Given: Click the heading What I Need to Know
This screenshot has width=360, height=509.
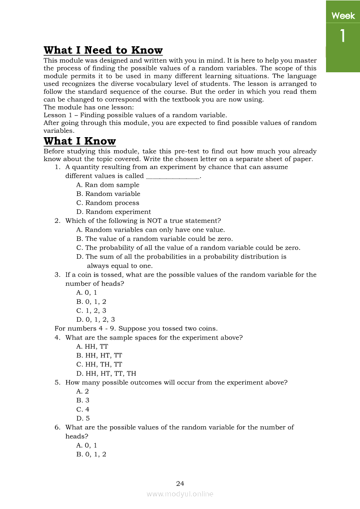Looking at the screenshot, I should click(103, 51).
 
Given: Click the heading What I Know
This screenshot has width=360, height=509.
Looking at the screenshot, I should click(80, 141).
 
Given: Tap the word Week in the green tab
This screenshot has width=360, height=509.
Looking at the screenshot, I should click(343, 16).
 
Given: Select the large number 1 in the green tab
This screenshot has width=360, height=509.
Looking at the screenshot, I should click(343, 36).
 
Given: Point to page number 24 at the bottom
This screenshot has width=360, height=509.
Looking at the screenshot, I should click(180, 483).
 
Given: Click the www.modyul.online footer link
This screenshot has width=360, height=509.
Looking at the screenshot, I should click(180, 494).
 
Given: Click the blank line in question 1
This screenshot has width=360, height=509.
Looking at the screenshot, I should click(172, 177).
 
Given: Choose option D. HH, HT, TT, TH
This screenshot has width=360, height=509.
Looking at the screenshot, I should click(106, 374).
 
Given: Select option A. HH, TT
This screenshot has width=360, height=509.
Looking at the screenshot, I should click(92, 347).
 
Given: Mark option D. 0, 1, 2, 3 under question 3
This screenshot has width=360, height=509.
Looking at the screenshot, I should click(95, 320).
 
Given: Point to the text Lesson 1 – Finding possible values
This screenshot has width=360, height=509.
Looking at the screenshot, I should click(135, 115).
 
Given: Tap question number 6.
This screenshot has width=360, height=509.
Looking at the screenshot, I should click(57, 428).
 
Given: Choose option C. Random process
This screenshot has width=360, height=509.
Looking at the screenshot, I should click(108, 203).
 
